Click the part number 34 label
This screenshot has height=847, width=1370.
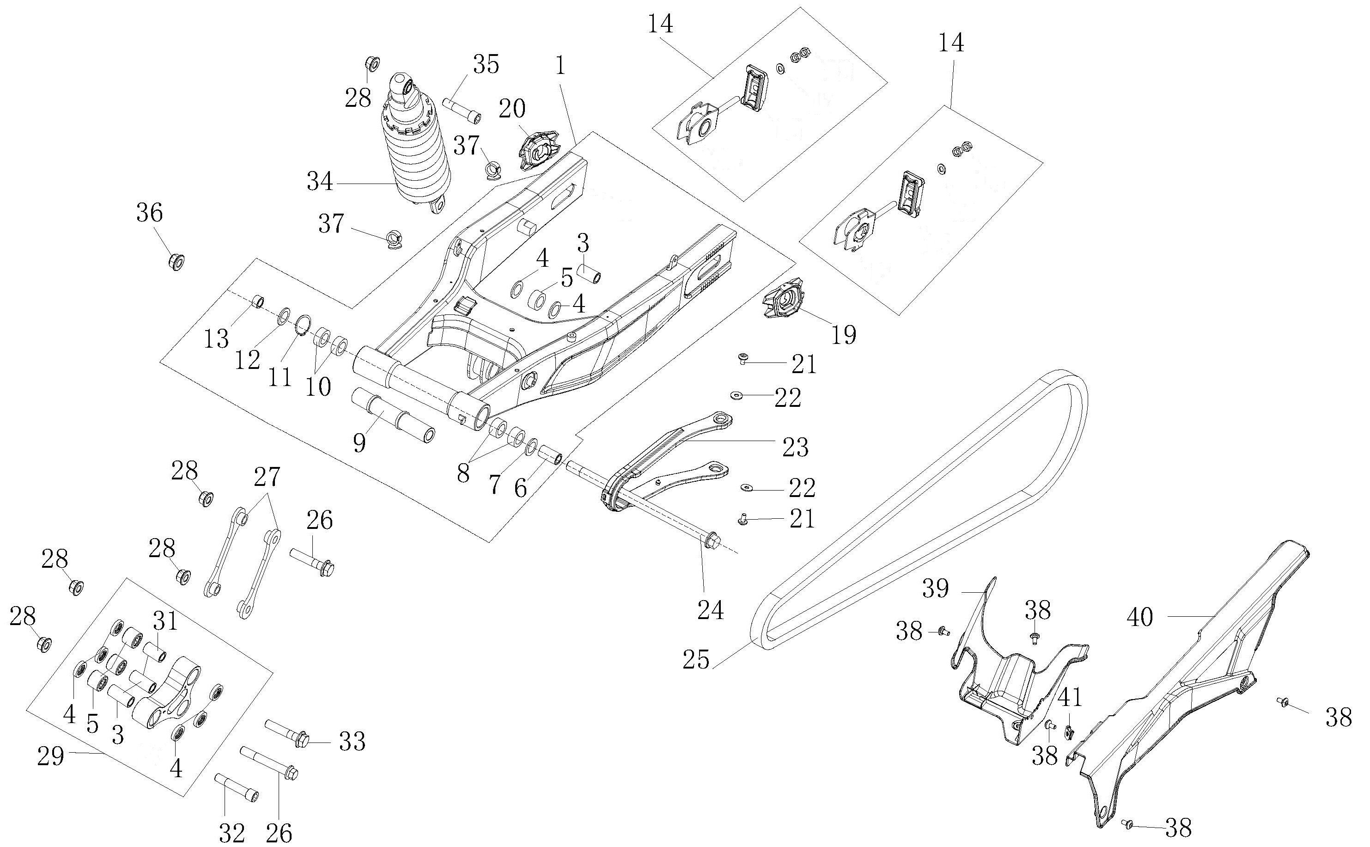coord(320,182)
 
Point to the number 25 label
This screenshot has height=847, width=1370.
coord(696,660)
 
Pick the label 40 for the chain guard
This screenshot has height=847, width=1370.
coord(1139,617)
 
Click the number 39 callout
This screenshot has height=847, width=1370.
coord(935,589)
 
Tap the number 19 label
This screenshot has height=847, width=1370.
coord(844,336)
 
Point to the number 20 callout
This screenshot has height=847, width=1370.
coord(511,109)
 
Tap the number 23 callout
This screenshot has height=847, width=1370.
coord(795,447)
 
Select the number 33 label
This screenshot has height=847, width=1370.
coord(352,742)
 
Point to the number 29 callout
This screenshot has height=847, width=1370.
coord(50,757)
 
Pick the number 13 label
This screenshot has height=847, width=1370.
coord(216,338)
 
